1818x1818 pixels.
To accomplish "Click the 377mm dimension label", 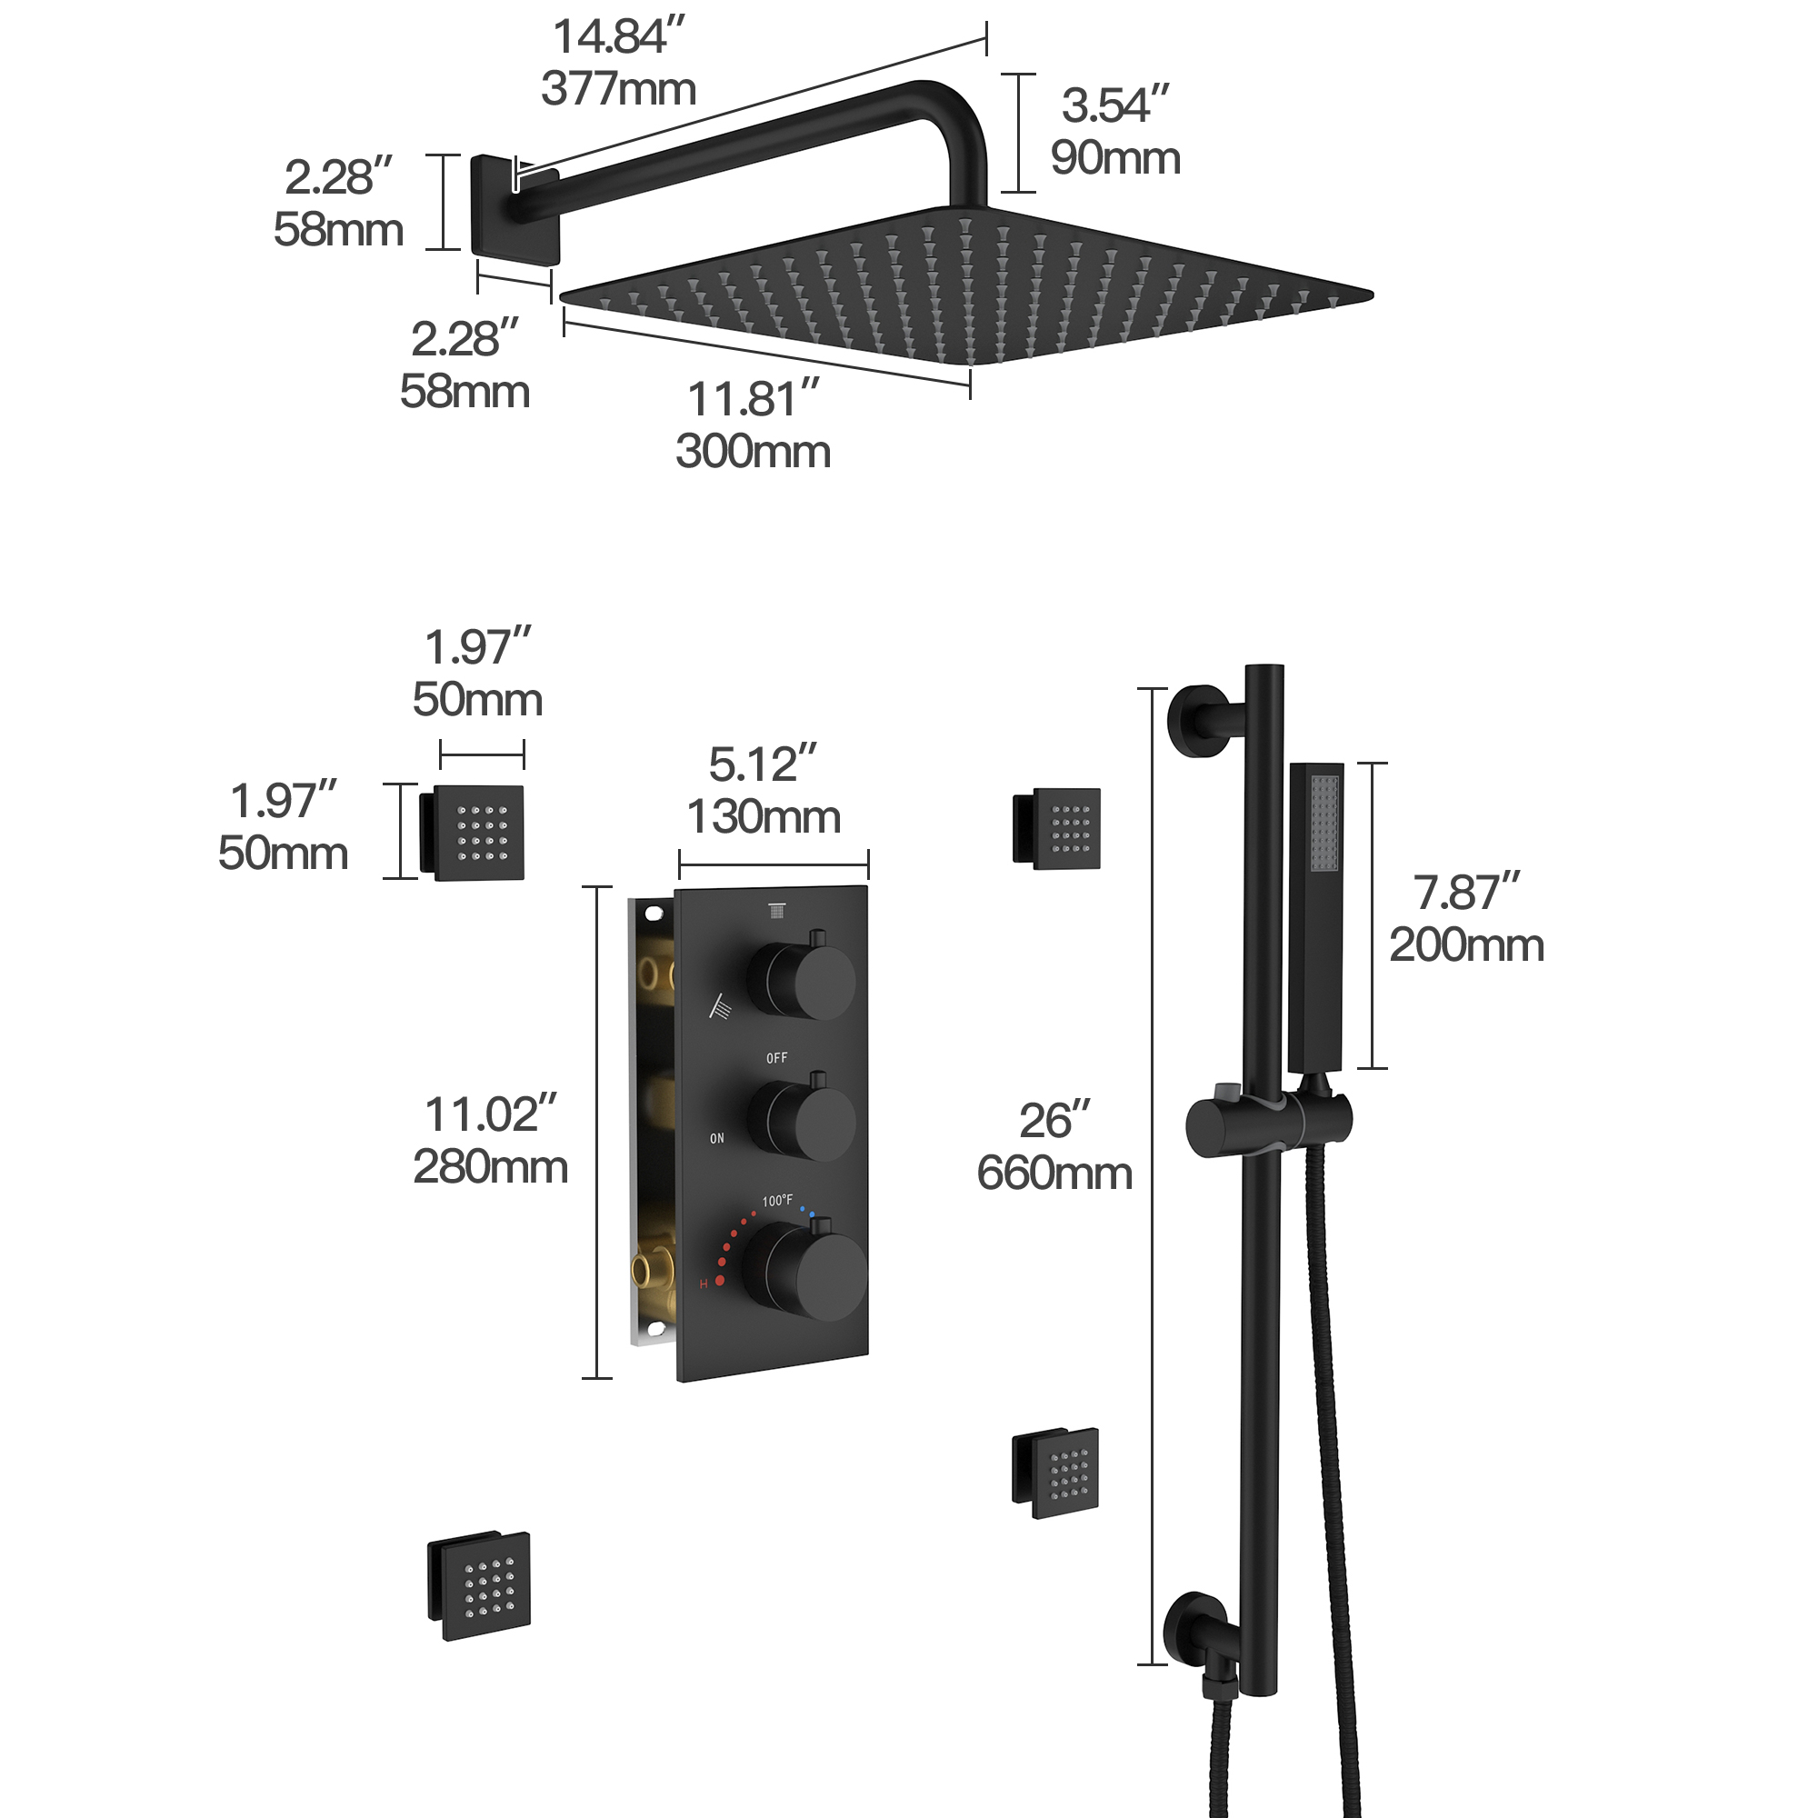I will click(x=618, y=90).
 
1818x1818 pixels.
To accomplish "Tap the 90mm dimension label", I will click(x=1115, y=158).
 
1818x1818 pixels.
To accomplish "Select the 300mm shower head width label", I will click(x=753, y=452).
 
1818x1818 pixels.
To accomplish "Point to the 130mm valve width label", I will click(x=764, y=817).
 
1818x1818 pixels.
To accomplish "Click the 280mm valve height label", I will click(x=490, y=1168).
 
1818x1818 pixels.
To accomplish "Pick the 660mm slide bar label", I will click(x=1054, y=1174).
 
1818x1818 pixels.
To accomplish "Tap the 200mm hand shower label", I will click(x=1466, y=945).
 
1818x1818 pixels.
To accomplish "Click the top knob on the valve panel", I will click(x=803, y=980).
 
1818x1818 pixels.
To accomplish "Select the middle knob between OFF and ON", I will click(x=803, y=1121).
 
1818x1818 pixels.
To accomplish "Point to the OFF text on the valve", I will click(x=776, y=1059).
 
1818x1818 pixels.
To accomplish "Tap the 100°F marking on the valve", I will click(x=777, y=1201).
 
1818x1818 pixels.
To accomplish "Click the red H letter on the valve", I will click(x=703, y=1284).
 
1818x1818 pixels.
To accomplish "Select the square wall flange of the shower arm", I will click(x=514, y=209).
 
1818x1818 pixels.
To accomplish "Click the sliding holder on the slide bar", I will click(x=1267, y=1124).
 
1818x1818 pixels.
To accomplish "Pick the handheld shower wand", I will click(x=1315, y=917).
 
